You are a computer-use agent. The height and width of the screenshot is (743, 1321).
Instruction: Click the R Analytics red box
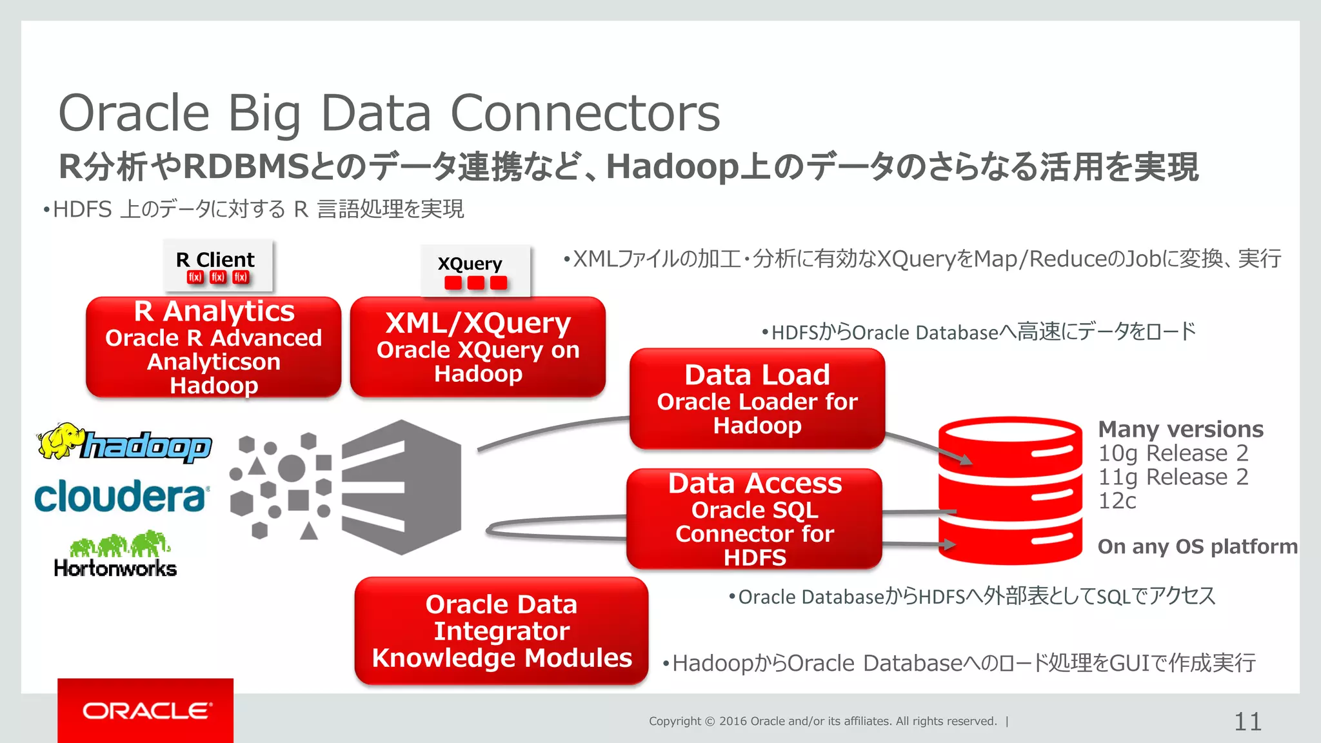point(214,347)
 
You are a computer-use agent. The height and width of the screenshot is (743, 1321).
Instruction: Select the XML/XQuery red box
point(478,347)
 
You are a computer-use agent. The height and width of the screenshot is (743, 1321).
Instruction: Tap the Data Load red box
point(757,399)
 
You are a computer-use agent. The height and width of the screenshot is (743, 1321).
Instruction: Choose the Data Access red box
point(754,519)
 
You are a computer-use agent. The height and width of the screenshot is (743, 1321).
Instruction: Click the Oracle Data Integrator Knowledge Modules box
point(501,631)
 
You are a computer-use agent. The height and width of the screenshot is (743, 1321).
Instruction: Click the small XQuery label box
point(475,271)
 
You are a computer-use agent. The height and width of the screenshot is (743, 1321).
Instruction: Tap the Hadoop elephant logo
point(124,444)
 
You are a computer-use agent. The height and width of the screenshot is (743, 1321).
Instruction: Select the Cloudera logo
point(121,496)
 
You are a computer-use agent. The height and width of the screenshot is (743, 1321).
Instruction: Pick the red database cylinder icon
point(1009,490)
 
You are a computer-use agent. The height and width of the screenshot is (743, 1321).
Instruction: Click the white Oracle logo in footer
point(146,711)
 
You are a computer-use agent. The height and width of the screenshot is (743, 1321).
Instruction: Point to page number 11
point(1247,721)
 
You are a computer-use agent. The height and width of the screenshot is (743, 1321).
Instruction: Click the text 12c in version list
point(1117,501)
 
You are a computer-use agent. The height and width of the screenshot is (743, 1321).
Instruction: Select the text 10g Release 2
point(1173,453)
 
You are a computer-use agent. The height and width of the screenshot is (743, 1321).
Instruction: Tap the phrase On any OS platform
point(1197,546)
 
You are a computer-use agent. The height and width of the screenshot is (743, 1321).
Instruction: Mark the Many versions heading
point(1180,429)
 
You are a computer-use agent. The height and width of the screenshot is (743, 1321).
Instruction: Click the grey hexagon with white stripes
point(401,487)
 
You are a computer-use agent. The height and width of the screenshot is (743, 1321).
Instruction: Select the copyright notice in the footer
point(822,721)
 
